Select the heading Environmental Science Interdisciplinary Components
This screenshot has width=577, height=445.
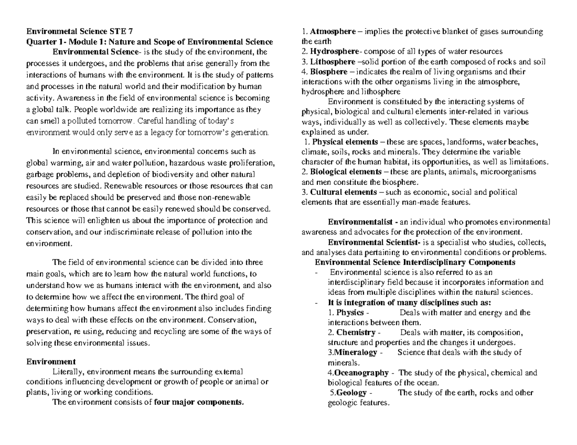point(414,263)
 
